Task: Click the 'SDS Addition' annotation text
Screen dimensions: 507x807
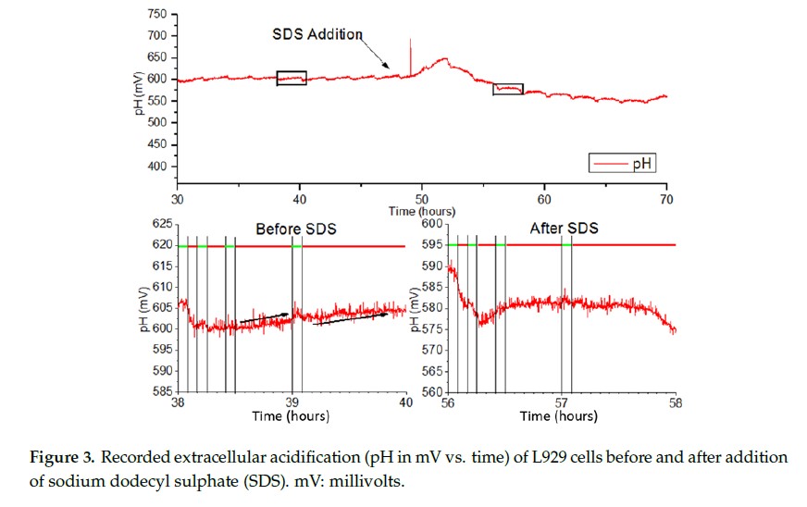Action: coord(317,34)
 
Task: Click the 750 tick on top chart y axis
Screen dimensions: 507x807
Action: coord(156,15)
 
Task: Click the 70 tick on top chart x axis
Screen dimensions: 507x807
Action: coord(666,198)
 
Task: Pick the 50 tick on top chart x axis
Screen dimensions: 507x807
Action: coord(422,198)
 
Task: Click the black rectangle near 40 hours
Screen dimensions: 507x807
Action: coord(292,78)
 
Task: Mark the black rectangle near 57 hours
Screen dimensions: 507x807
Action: coord(508,89)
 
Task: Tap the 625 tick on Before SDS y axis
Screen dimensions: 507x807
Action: coord(160,224)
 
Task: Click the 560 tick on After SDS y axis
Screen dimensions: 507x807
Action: coord(431,392)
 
